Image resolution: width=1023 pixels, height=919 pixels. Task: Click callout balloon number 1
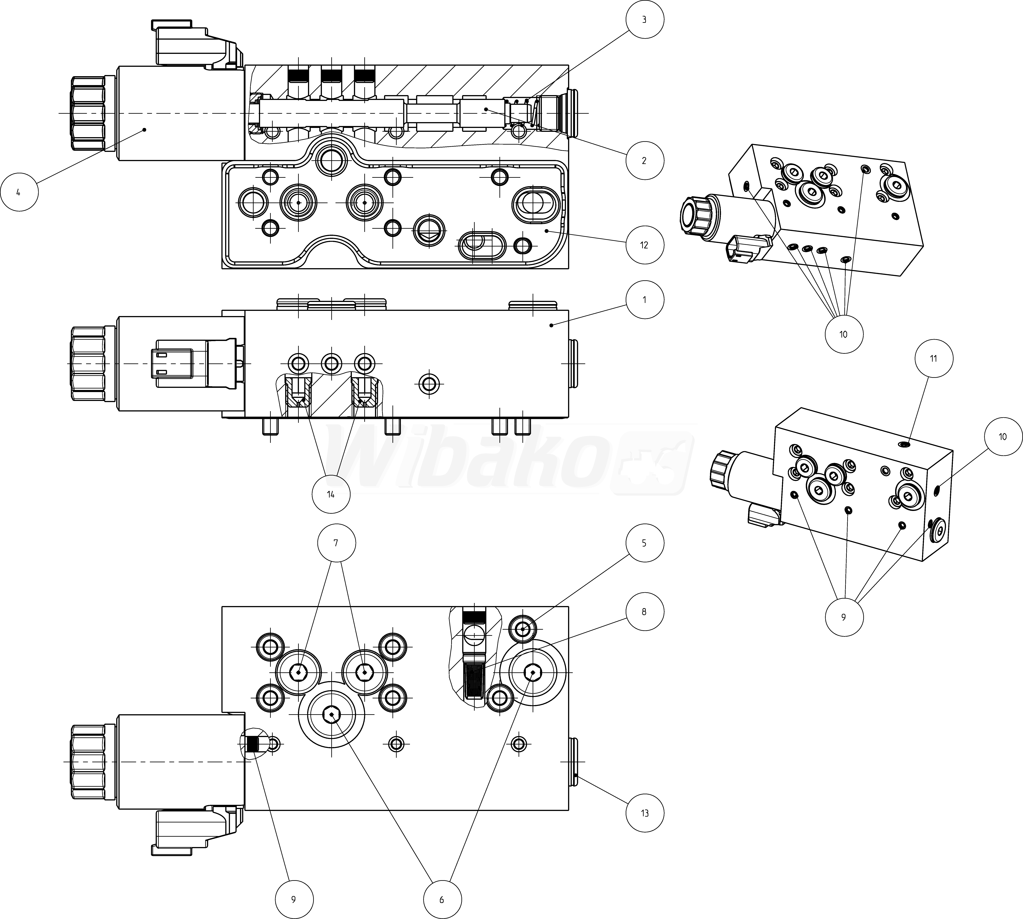(x=644, y=299)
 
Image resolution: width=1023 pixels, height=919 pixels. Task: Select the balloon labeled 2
(x=644, y=161)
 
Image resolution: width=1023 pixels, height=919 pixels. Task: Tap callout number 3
(x=644, y=20)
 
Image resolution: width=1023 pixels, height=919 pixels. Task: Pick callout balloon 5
(x=644, y=543)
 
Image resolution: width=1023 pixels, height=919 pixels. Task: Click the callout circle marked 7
(x=336, y=543)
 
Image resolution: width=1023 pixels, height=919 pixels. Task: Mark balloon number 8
(x=644, y=612)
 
